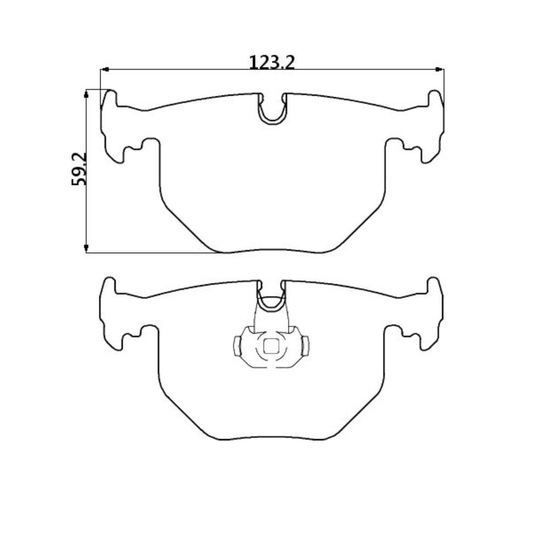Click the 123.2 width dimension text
coord(271,62)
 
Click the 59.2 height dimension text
coord(79,169)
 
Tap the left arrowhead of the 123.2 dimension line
coord(104,69)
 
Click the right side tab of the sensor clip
coord(305,346)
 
